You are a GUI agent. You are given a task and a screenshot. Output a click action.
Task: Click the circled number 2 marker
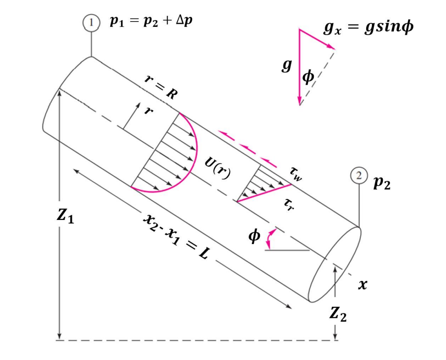click(359, 176)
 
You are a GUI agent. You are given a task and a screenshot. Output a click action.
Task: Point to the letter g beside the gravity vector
click(287, 65)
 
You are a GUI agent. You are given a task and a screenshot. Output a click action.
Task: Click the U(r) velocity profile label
click(218, 167)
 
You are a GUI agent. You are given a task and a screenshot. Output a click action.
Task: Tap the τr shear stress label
click(288, 203)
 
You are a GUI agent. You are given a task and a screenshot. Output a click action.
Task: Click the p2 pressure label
click(382, 183)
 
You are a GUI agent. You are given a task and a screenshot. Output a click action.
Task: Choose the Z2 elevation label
click(338, 314)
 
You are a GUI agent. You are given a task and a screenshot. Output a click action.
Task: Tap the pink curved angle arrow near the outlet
click(271, 238)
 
